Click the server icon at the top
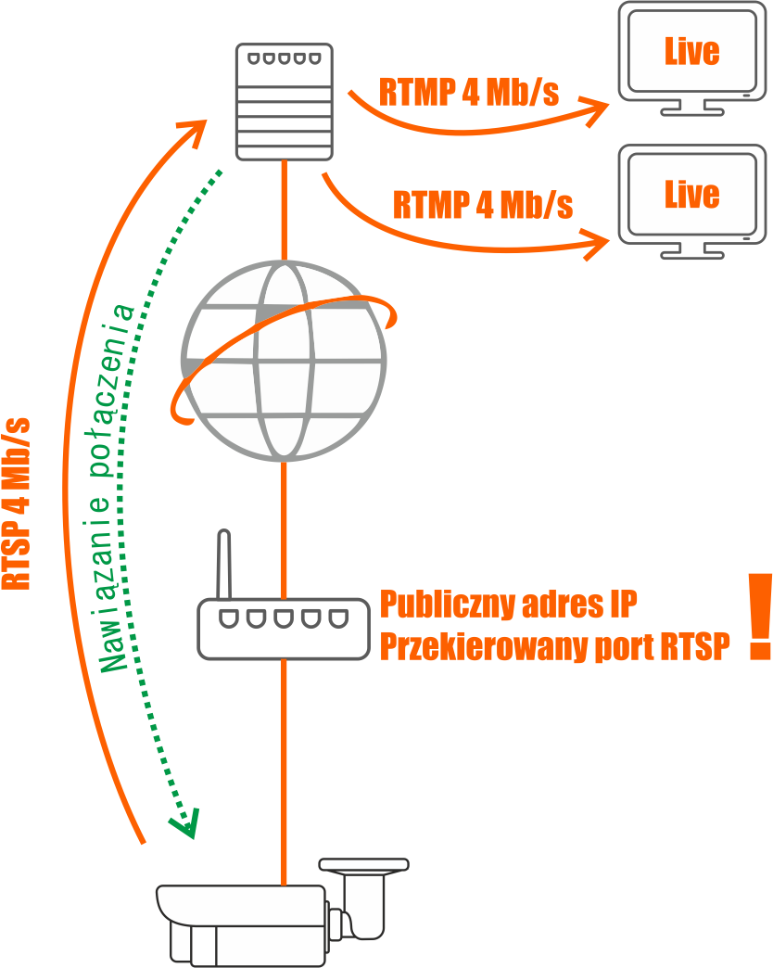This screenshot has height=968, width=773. (x=283, y=100)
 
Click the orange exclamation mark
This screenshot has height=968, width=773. (x=760, y=616)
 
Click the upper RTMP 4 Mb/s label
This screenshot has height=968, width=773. (x=469, y=92)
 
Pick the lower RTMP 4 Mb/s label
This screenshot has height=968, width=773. (x=483, y=204)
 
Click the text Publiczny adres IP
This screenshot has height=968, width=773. (x=508, y=605)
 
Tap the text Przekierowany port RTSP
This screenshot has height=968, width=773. (x=554, y=647)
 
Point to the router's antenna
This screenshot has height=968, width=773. (x=222, y=566)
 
